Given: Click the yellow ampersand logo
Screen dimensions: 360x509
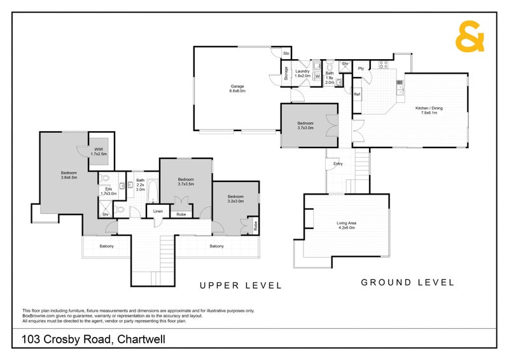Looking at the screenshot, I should click(470, 37).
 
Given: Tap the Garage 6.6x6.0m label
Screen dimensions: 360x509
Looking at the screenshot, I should click(237, 88).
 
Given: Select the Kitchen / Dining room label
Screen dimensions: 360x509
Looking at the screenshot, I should click(429, 111).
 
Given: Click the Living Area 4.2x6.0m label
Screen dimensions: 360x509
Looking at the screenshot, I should click(345, 225).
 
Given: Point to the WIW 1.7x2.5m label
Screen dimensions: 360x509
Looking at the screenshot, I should click(99, 151).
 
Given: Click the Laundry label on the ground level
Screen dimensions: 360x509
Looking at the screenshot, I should click(302, 73).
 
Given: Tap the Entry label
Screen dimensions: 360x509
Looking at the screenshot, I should click(338, 164).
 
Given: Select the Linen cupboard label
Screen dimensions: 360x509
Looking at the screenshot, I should click(158, 211).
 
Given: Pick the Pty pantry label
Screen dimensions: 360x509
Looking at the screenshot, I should click(361, 68).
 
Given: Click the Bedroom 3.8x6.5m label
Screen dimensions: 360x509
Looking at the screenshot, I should click(69, 175).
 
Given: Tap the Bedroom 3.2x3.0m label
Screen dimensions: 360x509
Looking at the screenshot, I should click(236, 198).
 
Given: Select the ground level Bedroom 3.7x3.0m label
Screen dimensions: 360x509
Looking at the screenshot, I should click(305, 125).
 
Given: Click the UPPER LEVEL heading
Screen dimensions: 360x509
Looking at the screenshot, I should click(241, 286).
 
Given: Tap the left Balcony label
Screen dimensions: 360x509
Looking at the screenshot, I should click(106, 246).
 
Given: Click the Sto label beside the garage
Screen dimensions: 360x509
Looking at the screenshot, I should click(286, 53).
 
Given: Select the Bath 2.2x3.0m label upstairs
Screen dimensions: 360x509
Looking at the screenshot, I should click(141, 184).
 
